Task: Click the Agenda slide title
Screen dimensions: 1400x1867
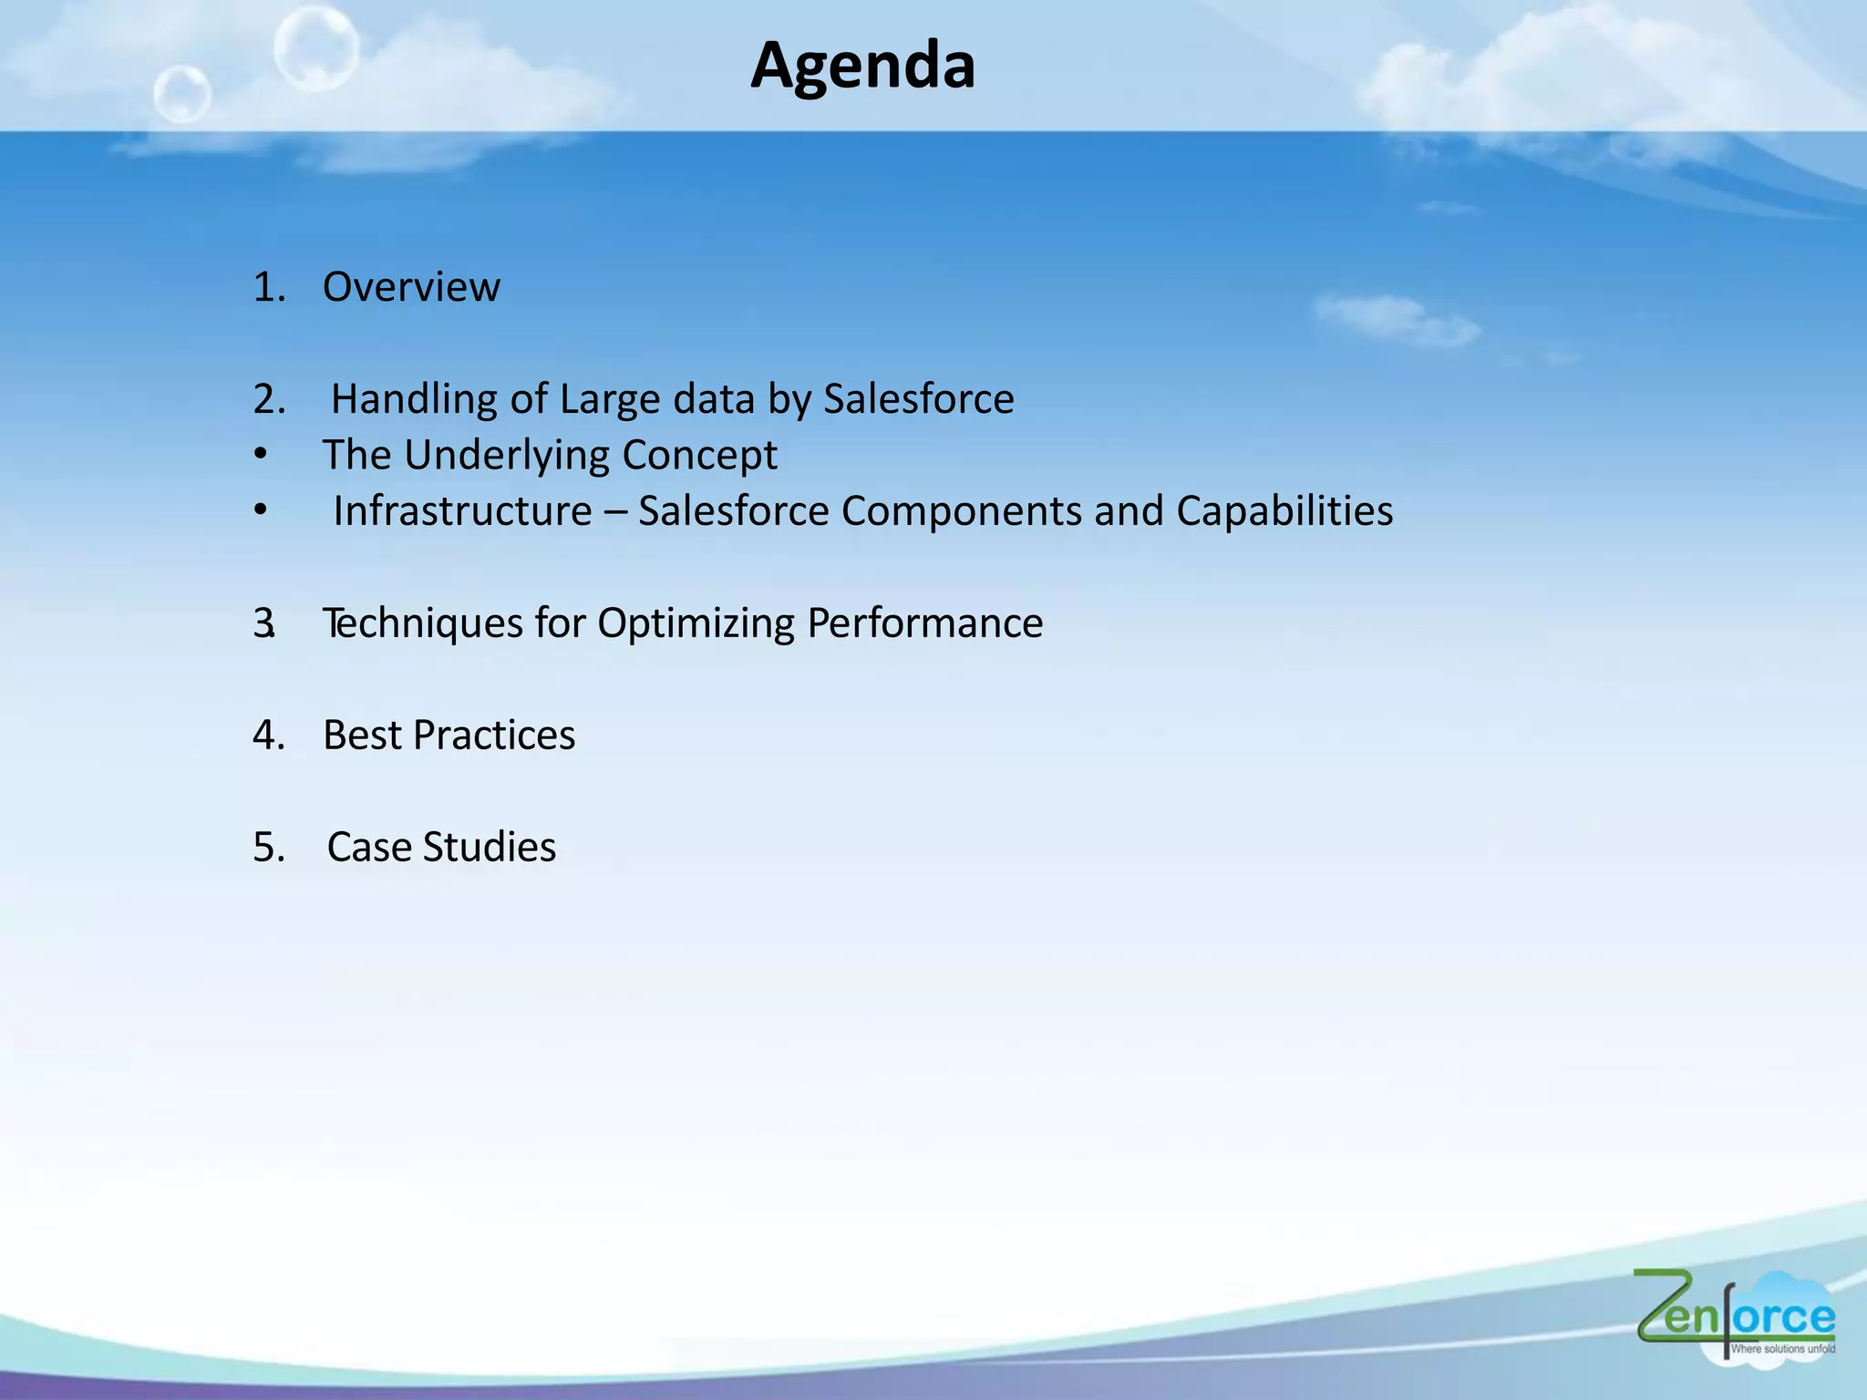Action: [x=862, y=66]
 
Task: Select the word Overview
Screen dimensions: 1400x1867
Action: [x=411, y=287]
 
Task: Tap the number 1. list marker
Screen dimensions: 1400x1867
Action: [x=269, y=287]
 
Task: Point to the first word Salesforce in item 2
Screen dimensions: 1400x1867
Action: [x=918, y=399]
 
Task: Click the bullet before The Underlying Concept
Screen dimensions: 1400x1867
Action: [x=261, y=454]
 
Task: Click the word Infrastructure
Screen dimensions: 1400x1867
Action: [x=462, y=511]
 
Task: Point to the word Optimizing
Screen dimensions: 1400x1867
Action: [x=696, y=623]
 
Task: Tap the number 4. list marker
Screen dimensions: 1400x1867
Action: [x=269, y=736]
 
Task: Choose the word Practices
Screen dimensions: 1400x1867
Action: [x=493, y=736]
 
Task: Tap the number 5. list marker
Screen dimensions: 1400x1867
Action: [x=269, y=848]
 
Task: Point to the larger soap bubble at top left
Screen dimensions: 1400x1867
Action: [x=315, y=47]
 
